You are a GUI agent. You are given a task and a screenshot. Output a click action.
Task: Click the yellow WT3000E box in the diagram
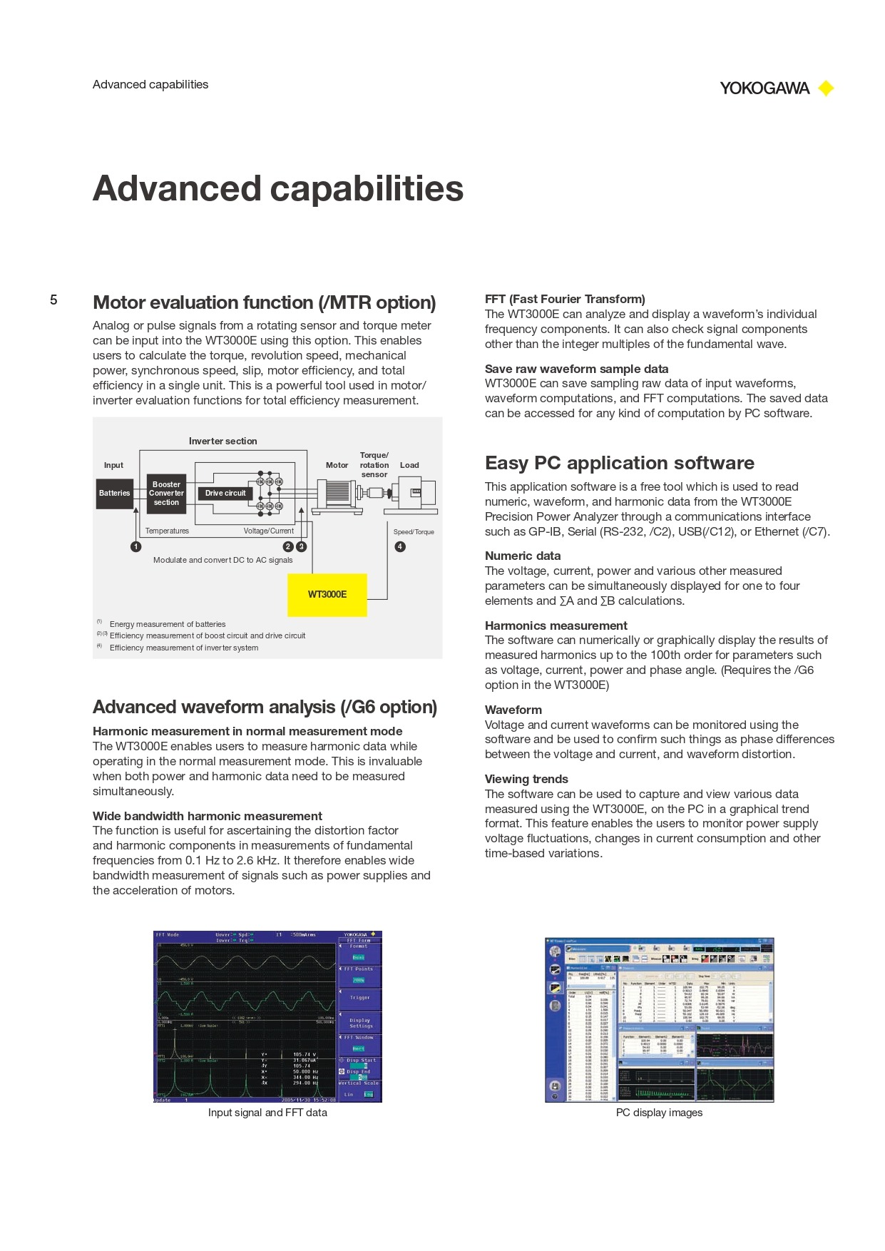coord(327,594)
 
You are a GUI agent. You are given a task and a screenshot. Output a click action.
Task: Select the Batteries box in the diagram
coord(115,493)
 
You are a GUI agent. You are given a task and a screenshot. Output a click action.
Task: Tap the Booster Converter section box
coord(166,493)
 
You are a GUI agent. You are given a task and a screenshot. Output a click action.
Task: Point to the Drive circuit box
coord(225,493)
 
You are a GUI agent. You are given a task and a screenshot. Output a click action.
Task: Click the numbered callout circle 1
coord(135,546)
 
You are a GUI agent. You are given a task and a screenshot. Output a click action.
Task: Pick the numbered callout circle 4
coord(400,546)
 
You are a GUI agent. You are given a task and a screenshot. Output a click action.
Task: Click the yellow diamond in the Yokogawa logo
coord(826,88)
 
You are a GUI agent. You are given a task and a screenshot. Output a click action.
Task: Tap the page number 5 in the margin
coord(53,300)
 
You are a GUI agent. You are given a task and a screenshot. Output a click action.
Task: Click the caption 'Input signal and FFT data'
coord(267,1113)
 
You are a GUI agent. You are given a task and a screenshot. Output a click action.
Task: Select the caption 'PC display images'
coord(659,1113)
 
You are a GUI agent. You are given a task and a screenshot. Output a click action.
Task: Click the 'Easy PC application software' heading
coord(619,463)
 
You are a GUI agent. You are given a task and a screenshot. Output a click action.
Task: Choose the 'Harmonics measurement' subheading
coord(556,625)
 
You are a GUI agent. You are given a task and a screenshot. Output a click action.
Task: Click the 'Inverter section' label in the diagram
coord(222,441)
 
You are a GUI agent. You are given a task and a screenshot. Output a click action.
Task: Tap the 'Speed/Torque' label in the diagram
coord(414,532)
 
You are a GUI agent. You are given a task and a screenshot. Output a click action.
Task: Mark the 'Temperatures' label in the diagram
coord(167,531)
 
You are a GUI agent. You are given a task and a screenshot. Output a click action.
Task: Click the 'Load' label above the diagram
coord(409,465)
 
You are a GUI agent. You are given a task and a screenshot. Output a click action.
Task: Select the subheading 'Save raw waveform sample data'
coord(576,369)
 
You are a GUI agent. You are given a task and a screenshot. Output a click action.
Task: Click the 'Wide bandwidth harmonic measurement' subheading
coord(207,816)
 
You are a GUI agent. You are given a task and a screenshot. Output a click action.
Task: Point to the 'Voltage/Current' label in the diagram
coord(268,531)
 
